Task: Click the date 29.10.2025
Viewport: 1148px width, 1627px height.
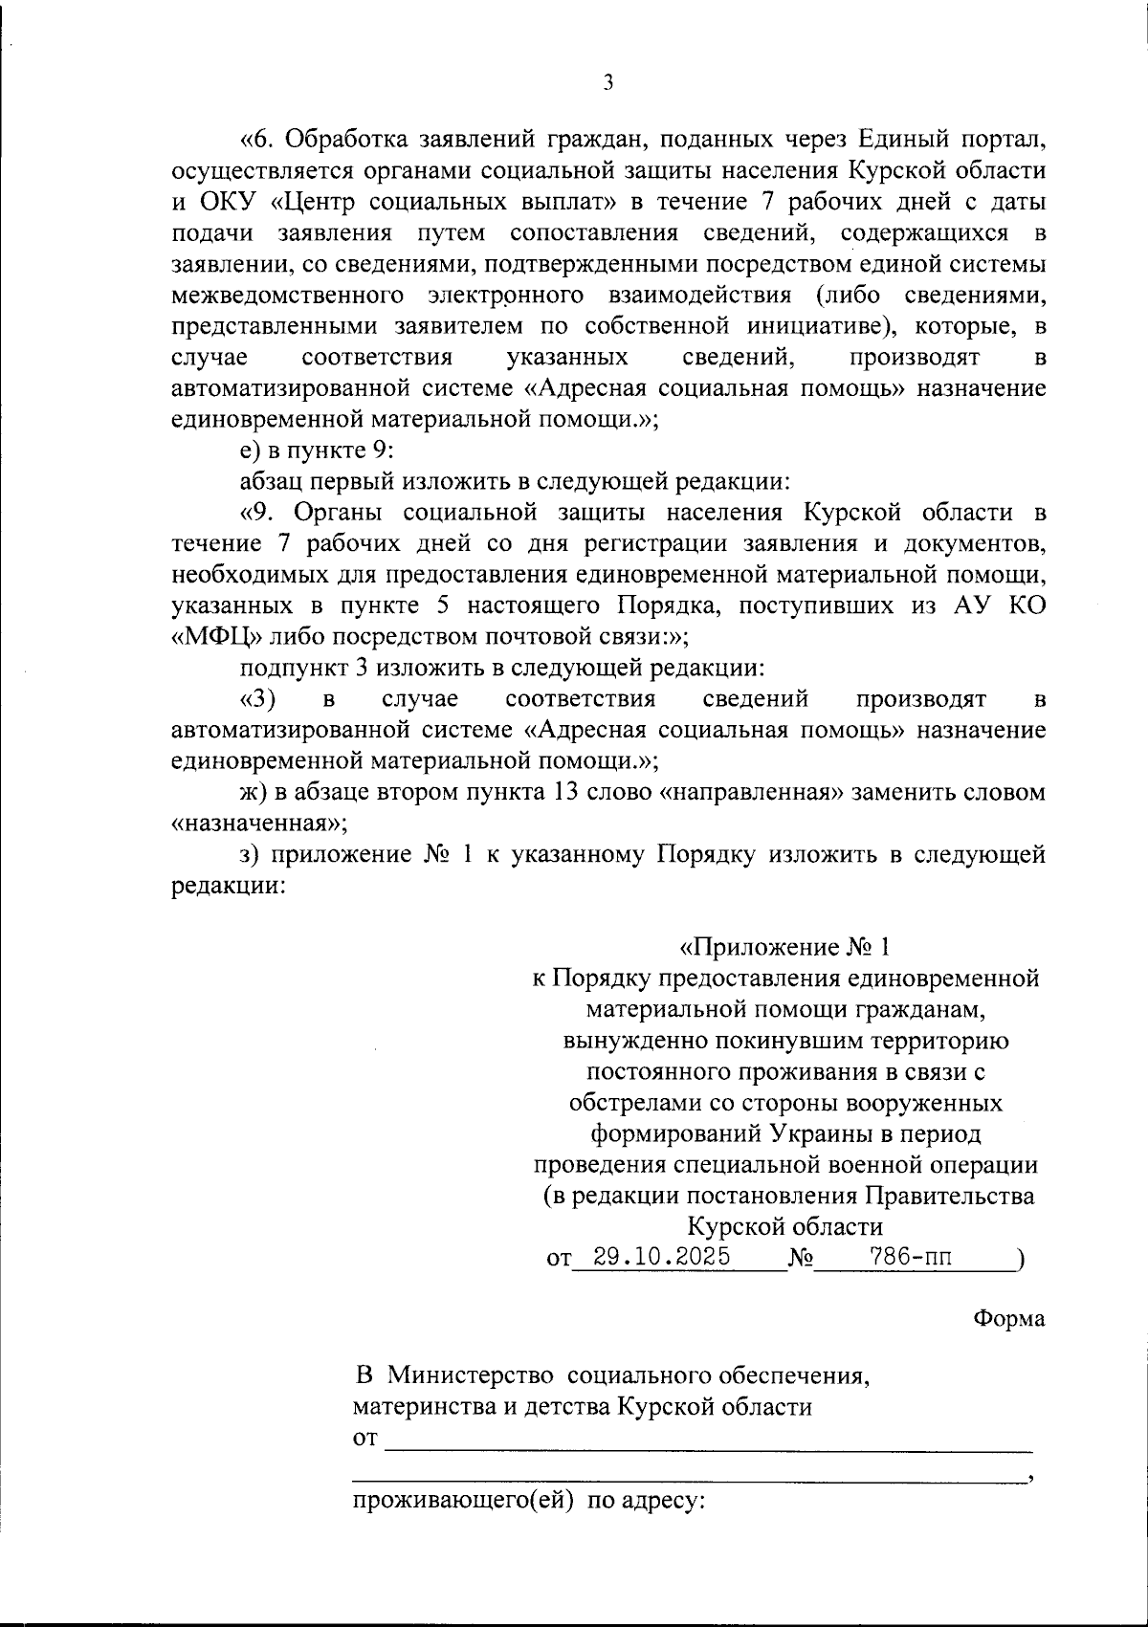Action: pos(662,1257)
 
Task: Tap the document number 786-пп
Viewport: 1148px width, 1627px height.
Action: pos(910,1257)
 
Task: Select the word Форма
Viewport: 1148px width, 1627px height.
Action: pos(1009,1318)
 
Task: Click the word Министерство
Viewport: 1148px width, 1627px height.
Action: pos(472,1376)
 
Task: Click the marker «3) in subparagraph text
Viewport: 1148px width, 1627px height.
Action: pos(257,699)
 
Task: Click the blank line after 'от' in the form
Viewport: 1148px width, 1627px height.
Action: pos(708,1440)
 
